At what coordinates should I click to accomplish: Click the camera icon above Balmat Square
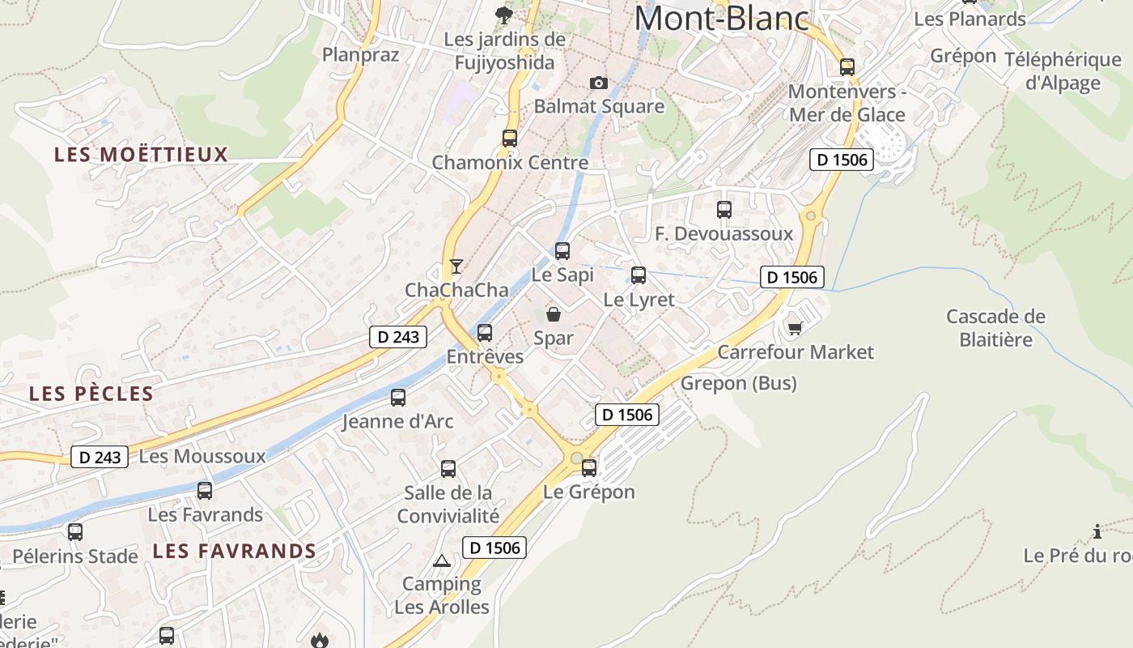click(599, 83)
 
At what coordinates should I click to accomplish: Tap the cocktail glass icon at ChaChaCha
click(456, 266)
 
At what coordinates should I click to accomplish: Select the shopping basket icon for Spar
click(554, 314)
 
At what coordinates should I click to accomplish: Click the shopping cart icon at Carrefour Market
click(795, 327)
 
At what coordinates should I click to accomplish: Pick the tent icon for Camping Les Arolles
click(442, 560)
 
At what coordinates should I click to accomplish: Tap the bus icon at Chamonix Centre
click(509, 138)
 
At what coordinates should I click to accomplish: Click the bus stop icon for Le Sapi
click(562, 251)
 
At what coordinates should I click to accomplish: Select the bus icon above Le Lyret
click(639, 275)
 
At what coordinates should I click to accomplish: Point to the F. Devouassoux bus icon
click(724, 210)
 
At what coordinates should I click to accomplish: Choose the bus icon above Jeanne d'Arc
click(397, 398)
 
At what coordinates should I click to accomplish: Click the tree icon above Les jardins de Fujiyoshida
click(504, 15)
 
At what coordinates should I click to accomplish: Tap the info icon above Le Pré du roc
click(1097, 532)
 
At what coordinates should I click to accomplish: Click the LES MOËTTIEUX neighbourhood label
click(141, 155)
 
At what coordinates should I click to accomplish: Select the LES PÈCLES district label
click(91, 394)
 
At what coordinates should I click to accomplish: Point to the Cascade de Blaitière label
click(995, 327)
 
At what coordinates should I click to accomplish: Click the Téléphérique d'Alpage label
click(1063, 71)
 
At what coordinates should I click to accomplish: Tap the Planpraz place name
click(361, 54)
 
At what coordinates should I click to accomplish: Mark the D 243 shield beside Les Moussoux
click(100, 457)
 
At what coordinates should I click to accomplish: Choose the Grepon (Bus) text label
click(738, 383)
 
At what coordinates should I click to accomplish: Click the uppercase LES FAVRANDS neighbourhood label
click(234, 552)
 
